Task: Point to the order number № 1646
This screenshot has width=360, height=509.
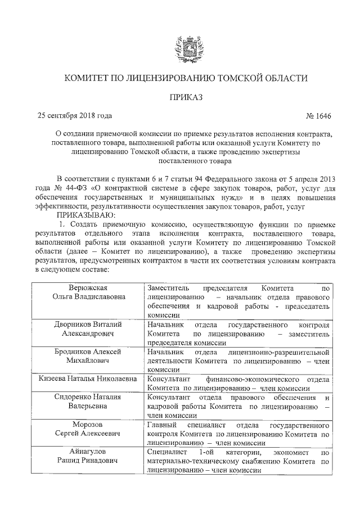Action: tap(318, 116)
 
